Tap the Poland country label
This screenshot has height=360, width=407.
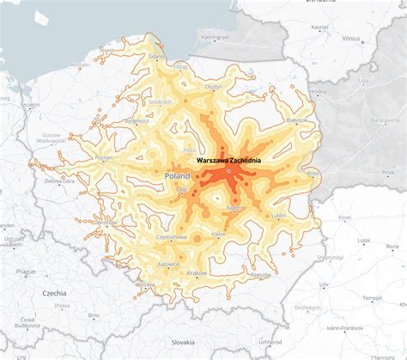(177, 176)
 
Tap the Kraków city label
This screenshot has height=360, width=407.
(197, 272)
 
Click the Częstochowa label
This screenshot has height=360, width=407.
(170, 235)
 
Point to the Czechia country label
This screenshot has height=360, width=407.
(54, 294)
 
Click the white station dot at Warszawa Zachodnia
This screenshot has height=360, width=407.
(229, 173)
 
